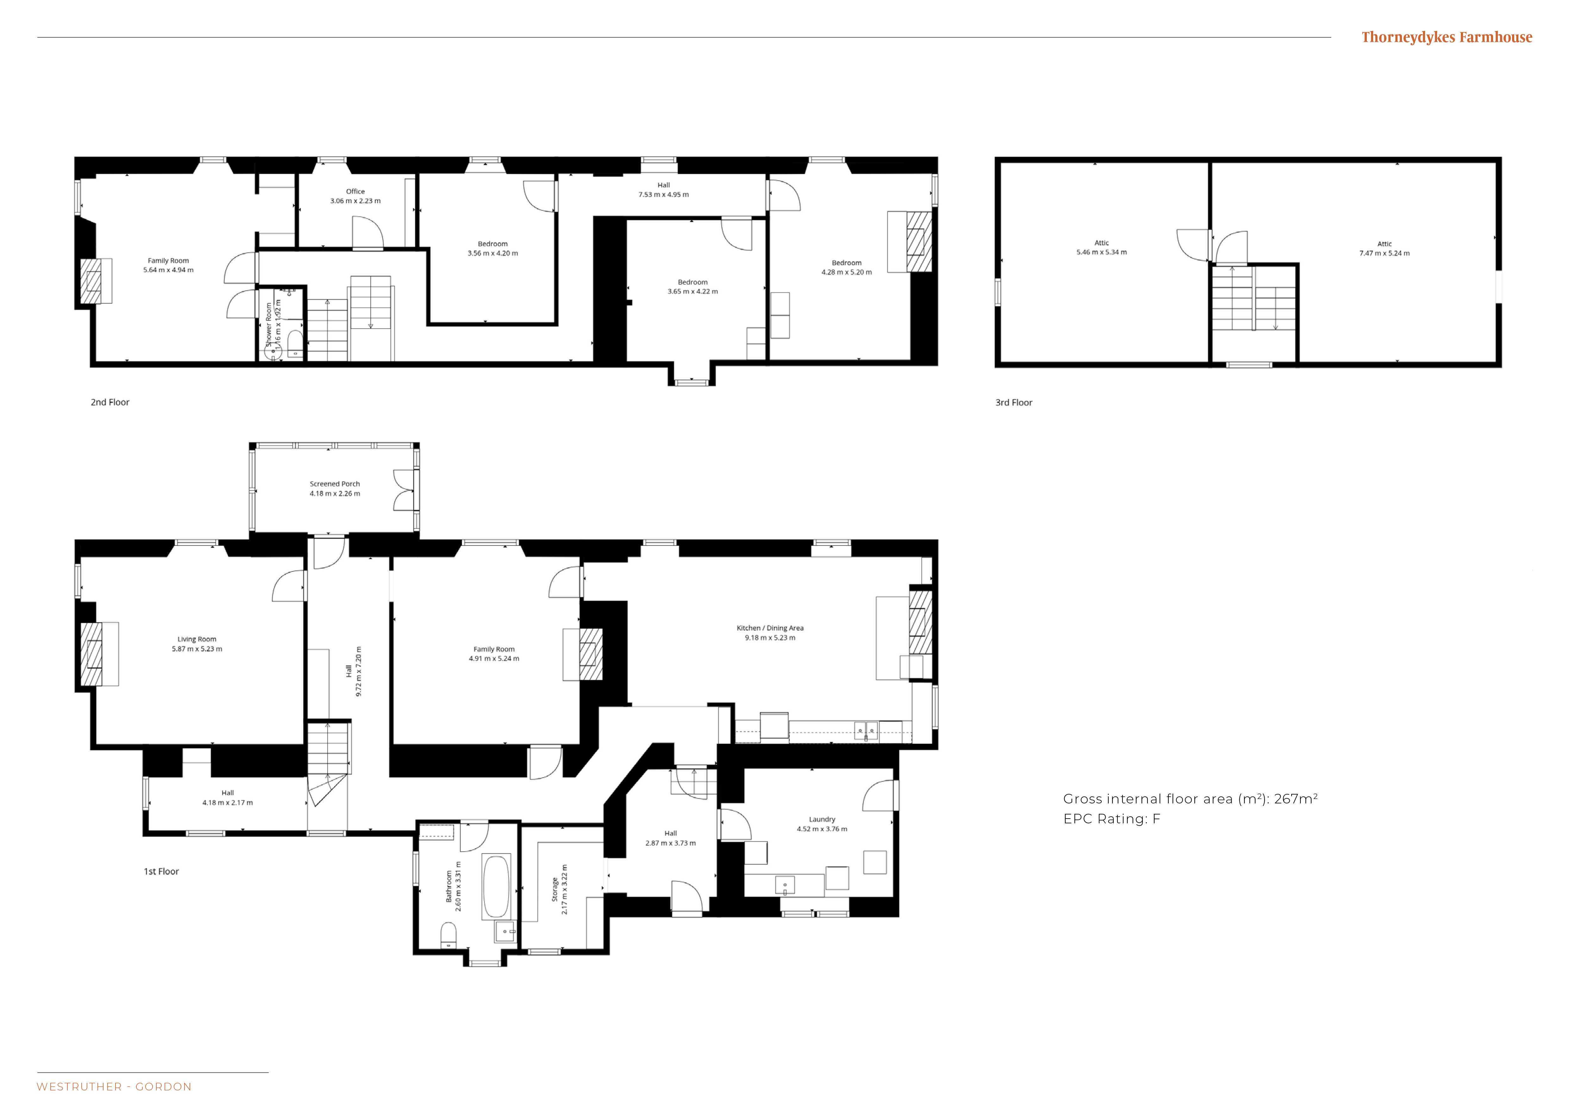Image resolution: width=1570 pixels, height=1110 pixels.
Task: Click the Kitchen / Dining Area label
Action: (x=770, y=628)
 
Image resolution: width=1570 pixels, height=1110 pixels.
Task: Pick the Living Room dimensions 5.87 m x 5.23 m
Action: (x=197, y=649)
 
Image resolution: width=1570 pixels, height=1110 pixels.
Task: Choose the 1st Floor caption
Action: (x=161, y=871)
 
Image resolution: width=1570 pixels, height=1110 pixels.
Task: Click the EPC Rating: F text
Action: (x=1112, y=819)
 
